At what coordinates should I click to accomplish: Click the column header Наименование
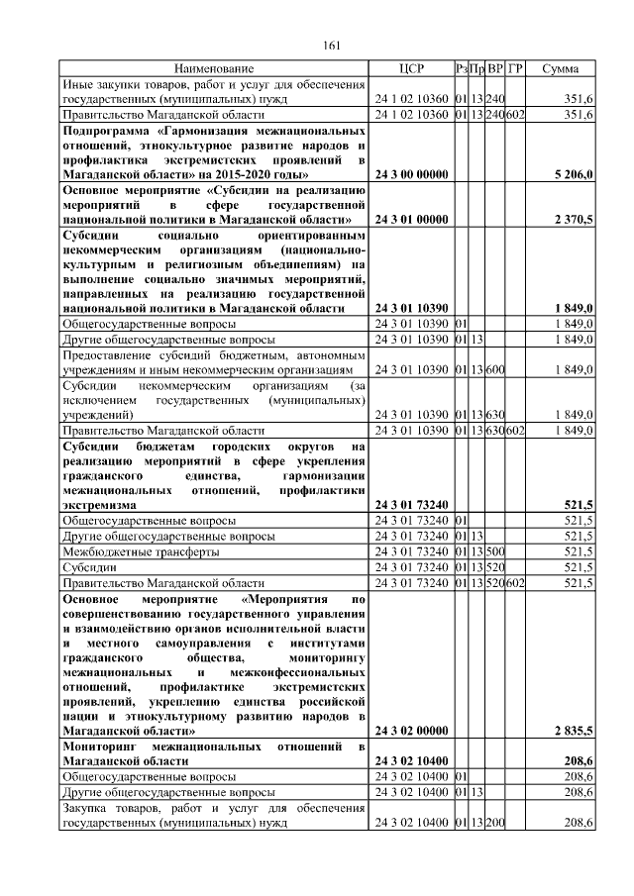point(214,69)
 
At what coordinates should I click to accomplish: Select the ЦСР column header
point(409,69)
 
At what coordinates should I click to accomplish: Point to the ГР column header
point(515,69)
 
